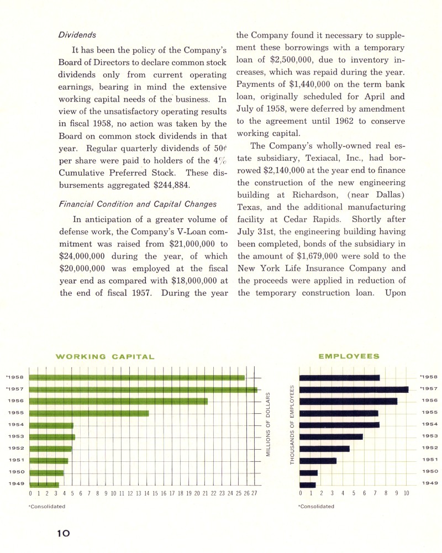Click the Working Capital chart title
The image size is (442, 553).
click(x=105, y=356)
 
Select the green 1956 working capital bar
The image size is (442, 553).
click(x=118, y=401)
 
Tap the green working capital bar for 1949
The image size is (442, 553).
click(x=44, y=484)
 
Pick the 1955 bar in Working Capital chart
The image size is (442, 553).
click(x=89, y=413)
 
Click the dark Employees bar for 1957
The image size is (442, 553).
click(x=354, y=389)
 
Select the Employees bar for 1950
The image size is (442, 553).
click(x=308, y=472)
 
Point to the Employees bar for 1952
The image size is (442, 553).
click(x=324, y=449)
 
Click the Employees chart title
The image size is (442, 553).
click(x=349, y=356)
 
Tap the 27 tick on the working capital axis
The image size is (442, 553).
click(x=254, y=493)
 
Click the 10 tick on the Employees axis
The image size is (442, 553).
click(x=406, y=493)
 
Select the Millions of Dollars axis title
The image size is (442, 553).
click(x=268, y=424)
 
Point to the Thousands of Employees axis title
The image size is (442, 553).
click(x=292, y=424)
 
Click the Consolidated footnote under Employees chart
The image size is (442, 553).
click(x=316, y=506)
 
